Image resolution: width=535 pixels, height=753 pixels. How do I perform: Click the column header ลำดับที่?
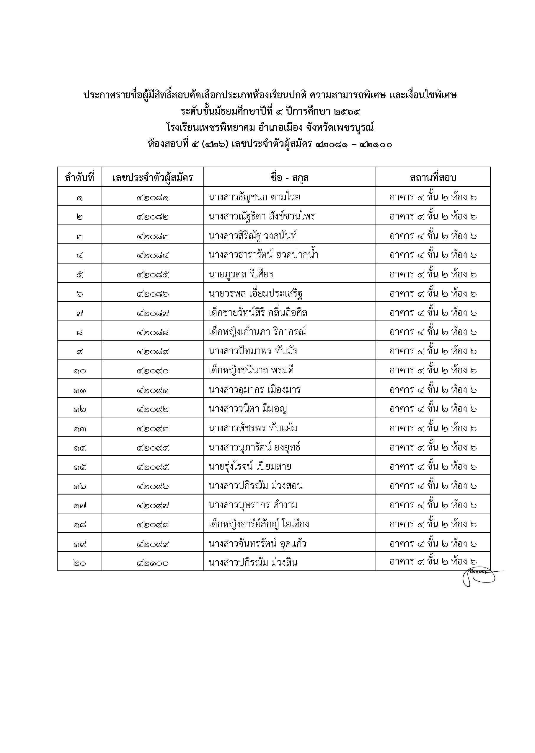point(79,178)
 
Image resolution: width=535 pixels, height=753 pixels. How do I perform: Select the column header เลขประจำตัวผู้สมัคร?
point(153,178)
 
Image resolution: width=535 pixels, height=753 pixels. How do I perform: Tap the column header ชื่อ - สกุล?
point(289,178)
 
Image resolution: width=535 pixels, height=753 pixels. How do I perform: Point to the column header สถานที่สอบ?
point(433,178)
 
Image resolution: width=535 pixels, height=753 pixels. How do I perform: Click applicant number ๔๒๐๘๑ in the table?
point(153,198)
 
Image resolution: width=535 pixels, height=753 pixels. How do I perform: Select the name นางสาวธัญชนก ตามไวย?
point(254,197)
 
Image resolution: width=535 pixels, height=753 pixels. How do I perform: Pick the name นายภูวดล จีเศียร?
point(241,274)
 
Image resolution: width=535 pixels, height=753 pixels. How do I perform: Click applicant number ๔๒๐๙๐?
point(153,371)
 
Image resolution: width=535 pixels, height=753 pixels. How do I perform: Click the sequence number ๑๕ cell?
point(79,467)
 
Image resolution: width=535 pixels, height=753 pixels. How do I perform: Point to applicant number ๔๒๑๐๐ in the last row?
point(153,563)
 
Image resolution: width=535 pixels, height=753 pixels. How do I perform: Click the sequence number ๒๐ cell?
point(79,563)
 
